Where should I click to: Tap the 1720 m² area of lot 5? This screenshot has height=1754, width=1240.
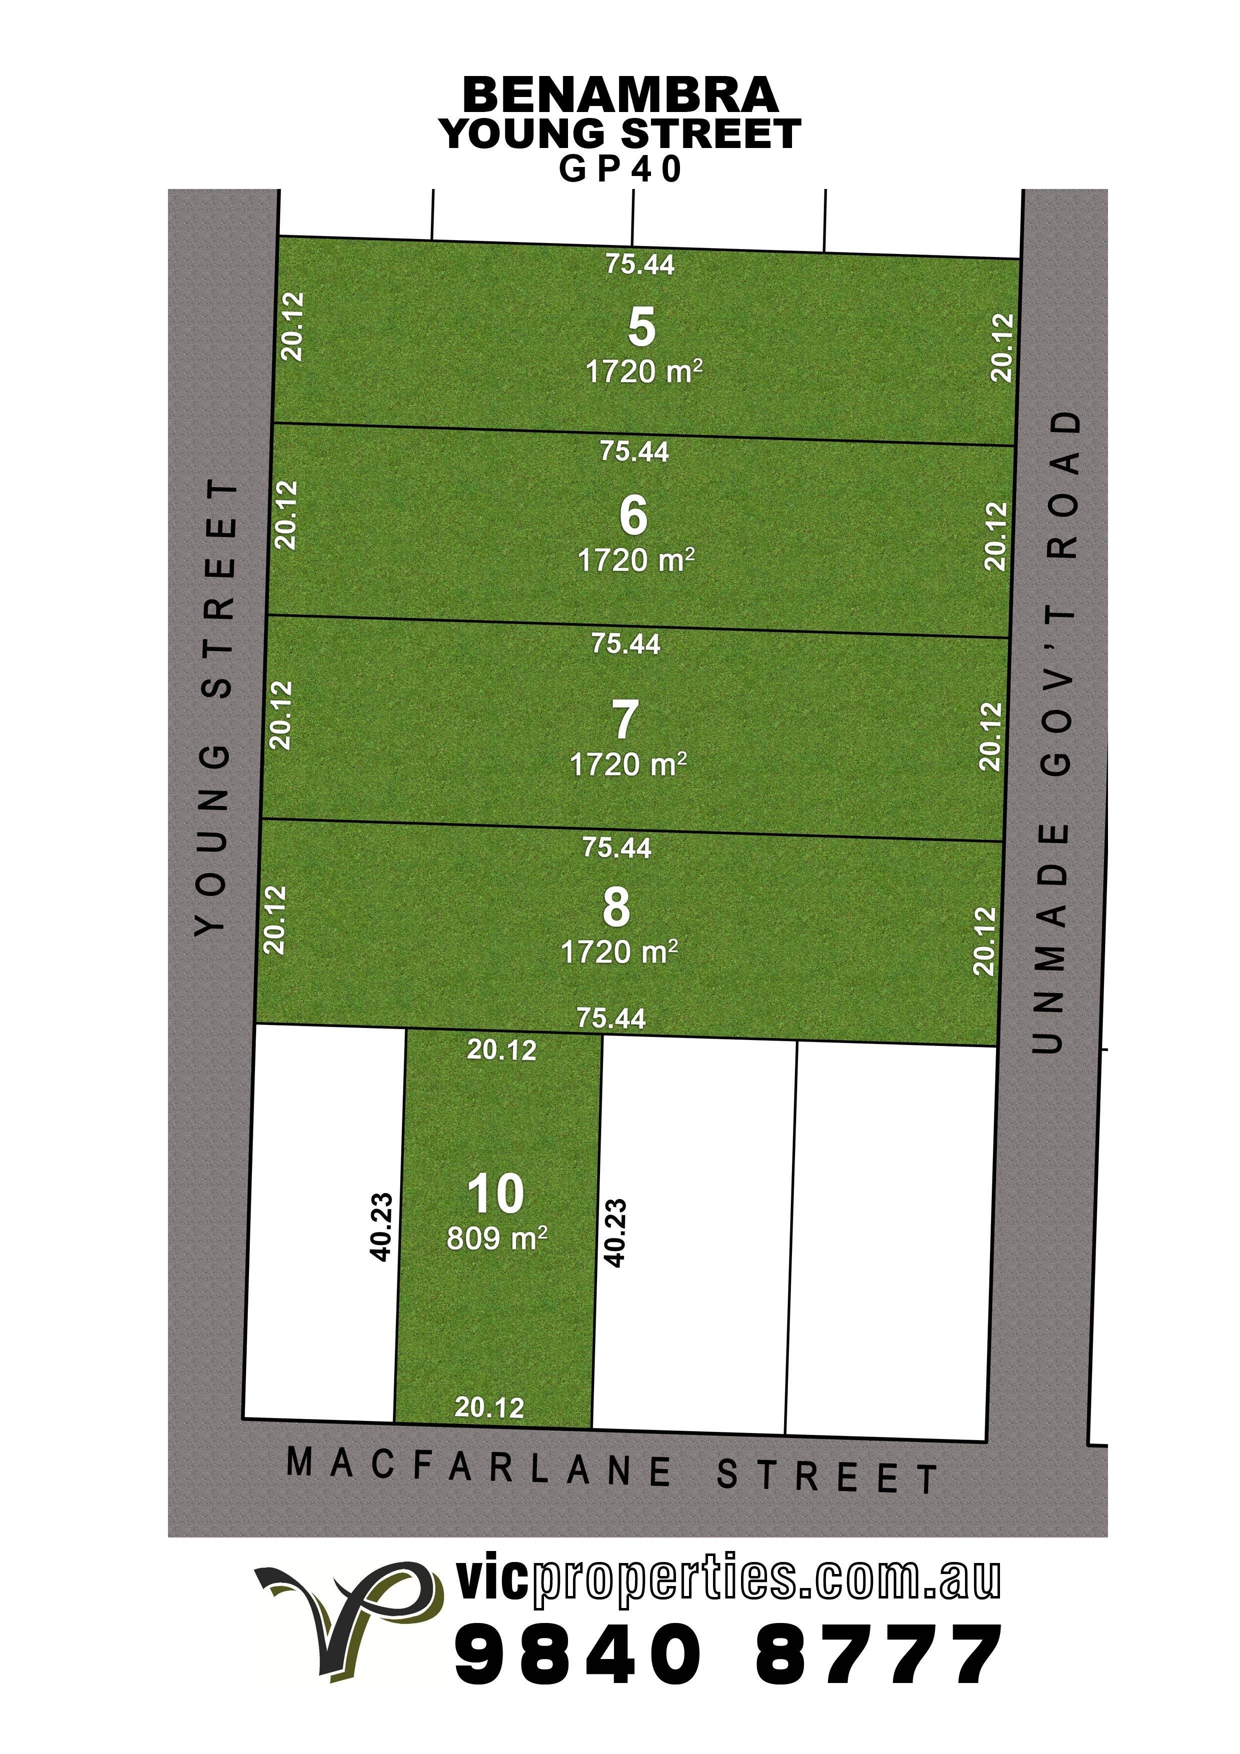tap(644, 372)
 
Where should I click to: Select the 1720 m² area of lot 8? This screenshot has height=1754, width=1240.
tap(619, 952)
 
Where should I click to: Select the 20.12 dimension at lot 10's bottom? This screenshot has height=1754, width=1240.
tap(489, 1407)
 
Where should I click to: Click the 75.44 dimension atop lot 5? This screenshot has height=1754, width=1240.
tap(640, 264)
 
